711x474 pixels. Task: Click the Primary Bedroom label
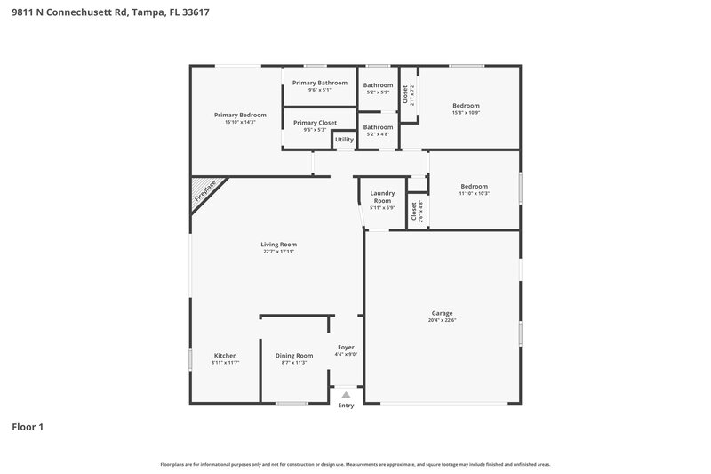[240, 115]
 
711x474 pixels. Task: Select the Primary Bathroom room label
[320, 83]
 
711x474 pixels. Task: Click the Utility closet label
[344, 140]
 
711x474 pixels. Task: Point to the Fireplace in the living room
[206, 191]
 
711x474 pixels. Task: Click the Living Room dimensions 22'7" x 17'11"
[278, 252]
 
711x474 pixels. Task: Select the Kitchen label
[225, 355]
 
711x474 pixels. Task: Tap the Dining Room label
[293, 355]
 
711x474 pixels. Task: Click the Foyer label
[346, 347]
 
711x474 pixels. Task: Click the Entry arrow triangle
[346, 395]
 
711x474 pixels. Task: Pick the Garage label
[442, 313]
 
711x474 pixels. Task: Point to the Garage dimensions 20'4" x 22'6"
[442, 321]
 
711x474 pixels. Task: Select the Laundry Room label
[382, 197]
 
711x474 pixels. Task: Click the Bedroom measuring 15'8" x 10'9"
[466, 105]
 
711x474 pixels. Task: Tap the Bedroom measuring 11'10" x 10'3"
[474, 186]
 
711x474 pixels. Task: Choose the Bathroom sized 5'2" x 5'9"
[378, 85]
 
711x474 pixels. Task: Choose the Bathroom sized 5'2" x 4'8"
[378, 127]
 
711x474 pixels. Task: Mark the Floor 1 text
[28, 427]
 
